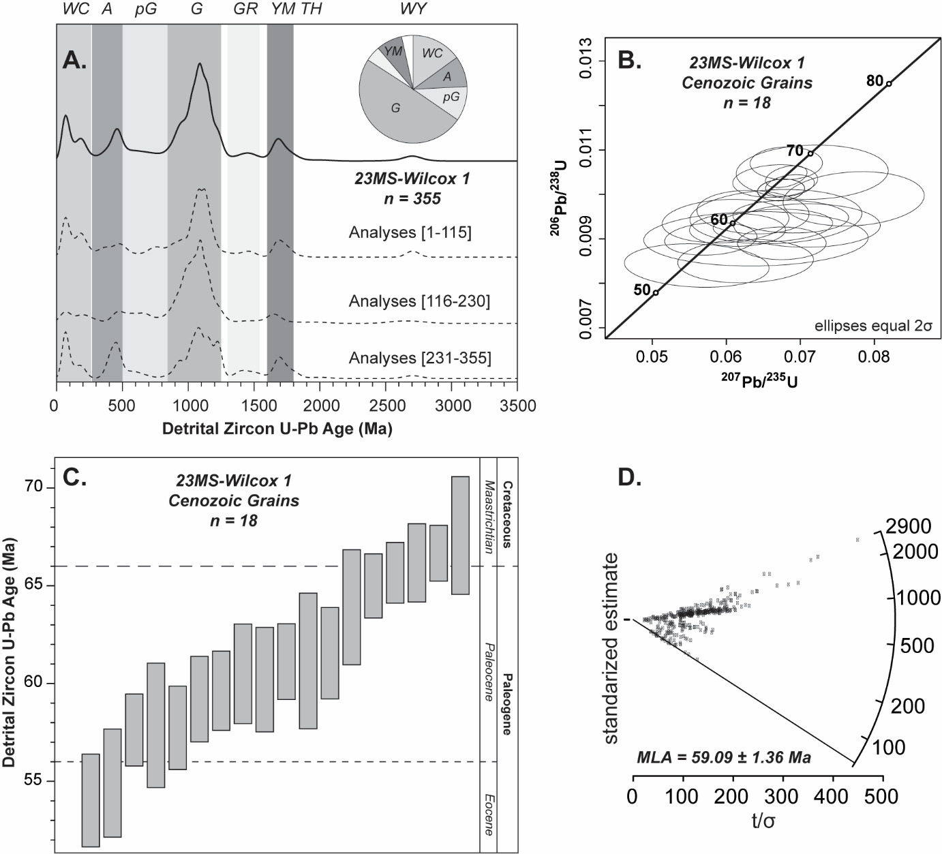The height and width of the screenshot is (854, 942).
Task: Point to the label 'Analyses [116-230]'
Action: click(x=419, y=301)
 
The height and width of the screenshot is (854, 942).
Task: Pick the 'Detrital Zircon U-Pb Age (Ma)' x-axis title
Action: click(x=277, y=430)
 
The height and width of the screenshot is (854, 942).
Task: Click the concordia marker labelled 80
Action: click(x=889, y=84)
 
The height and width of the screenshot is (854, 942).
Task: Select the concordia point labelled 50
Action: click(x=656, y=292)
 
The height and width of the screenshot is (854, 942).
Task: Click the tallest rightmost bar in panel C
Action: click(x=461, y=535)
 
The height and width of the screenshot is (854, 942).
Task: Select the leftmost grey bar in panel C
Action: click(x=91, y=800)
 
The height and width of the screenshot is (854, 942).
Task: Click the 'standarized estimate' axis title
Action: click(x=611, y=648)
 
